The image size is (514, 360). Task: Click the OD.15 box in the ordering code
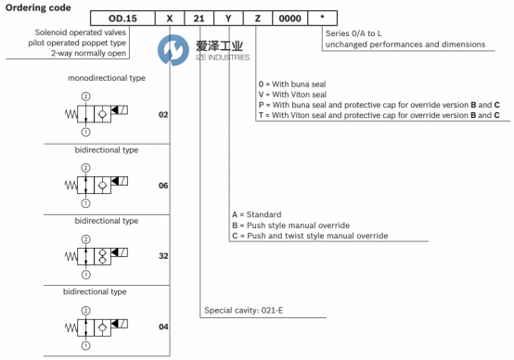(122, 18)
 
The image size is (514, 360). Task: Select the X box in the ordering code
(170, 18)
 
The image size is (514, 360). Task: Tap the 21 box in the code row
(199, 18)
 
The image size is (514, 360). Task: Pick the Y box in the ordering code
(228, 18)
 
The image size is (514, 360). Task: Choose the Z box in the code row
(258, 18)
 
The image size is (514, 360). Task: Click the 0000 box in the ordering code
(290, 18)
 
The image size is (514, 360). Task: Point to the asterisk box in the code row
(323, 18)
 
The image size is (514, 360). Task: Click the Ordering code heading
(38, 7)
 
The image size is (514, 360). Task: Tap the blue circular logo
(173, 50)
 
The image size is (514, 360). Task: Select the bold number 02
(163, 114)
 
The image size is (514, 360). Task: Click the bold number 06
(163, 186)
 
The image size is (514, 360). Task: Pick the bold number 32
(163, 256)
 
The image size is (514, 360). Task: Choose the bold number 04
(163, 327)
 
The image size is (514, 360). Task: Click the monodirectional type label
(107, 78)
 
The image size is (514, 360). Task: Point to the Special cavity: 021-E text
(244, 310)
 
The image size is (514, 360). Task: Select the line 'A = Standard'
(257, 214)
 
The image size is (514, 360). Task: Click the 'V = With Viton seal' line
(292, 95)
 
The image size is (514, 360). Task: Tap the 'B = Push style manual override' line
(290, 225)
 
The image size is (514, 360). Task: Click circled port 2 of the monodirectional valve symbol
(85, 96)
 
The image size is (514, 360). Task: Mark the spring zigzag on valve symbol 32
(71, 256)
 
